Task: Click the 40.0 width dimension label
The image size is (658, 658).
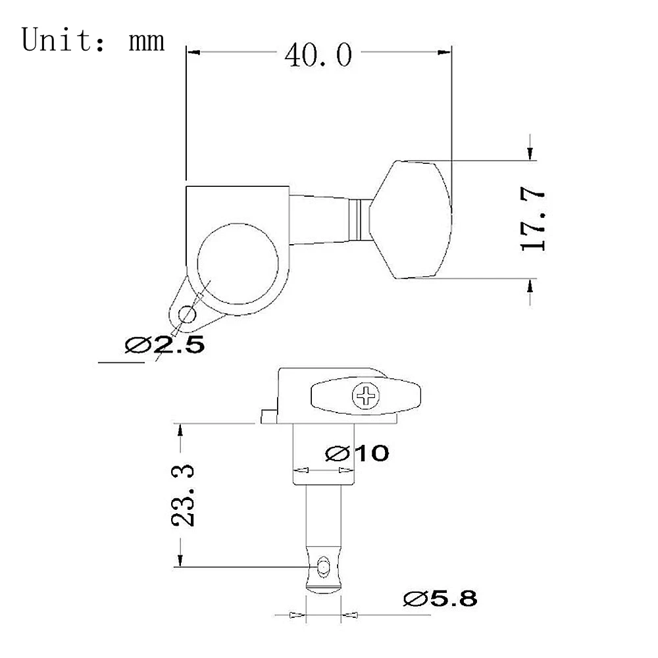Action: click(318, 55)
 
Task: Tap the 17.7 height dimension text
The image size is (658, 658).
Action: click(532, 220)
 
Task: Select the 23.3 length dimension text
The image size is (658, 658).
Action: click(183, 495)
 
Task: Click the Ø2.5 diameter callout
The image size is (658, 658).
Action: click(165, 345)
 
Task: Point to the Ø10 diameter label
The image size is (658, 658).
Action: click(357, 453)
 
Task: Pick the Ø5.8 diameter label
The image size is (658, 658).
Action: click(440, 598)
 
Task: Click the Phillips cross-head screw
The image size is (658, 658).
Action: click(366, 395)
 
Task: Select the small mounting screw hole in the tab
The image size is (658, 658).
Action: click(187, 315)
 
